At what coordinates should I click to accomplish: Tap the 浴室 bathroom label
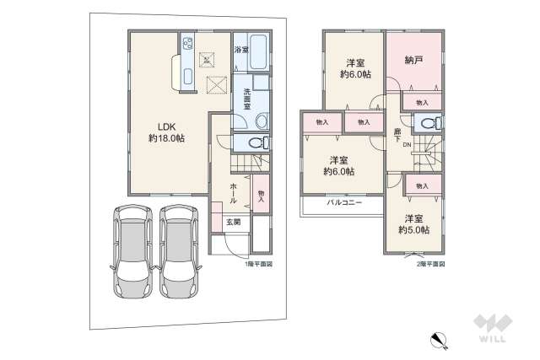click(x=240, y=51)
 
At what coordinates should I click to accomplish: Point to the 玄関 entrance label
click(x=232, y=222)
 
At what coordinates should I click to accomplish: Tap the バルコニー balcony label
click(x=344, y=203)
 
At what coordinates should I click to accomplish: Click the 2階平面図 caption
click(x=429, y=265)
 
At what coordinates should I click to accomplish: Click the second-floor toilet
click(x=429, y=123)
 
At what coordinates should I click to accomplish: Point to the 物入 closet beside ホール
click(x=262, y=195)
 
